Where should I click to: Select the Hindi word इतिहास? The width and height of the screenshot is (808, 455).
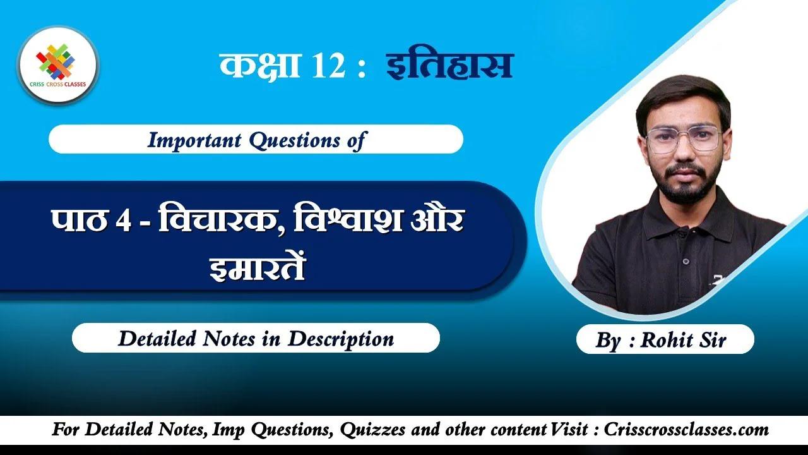449,66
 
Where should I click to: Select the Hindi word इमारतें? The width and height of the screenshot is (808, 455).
257,267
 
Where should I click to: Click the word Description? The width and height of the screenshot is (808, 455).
341,339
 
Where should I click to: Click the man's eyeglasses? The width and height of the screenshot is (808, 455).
684,138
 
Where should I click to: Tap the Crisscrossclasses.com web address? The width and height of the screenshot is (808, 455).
687,430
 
